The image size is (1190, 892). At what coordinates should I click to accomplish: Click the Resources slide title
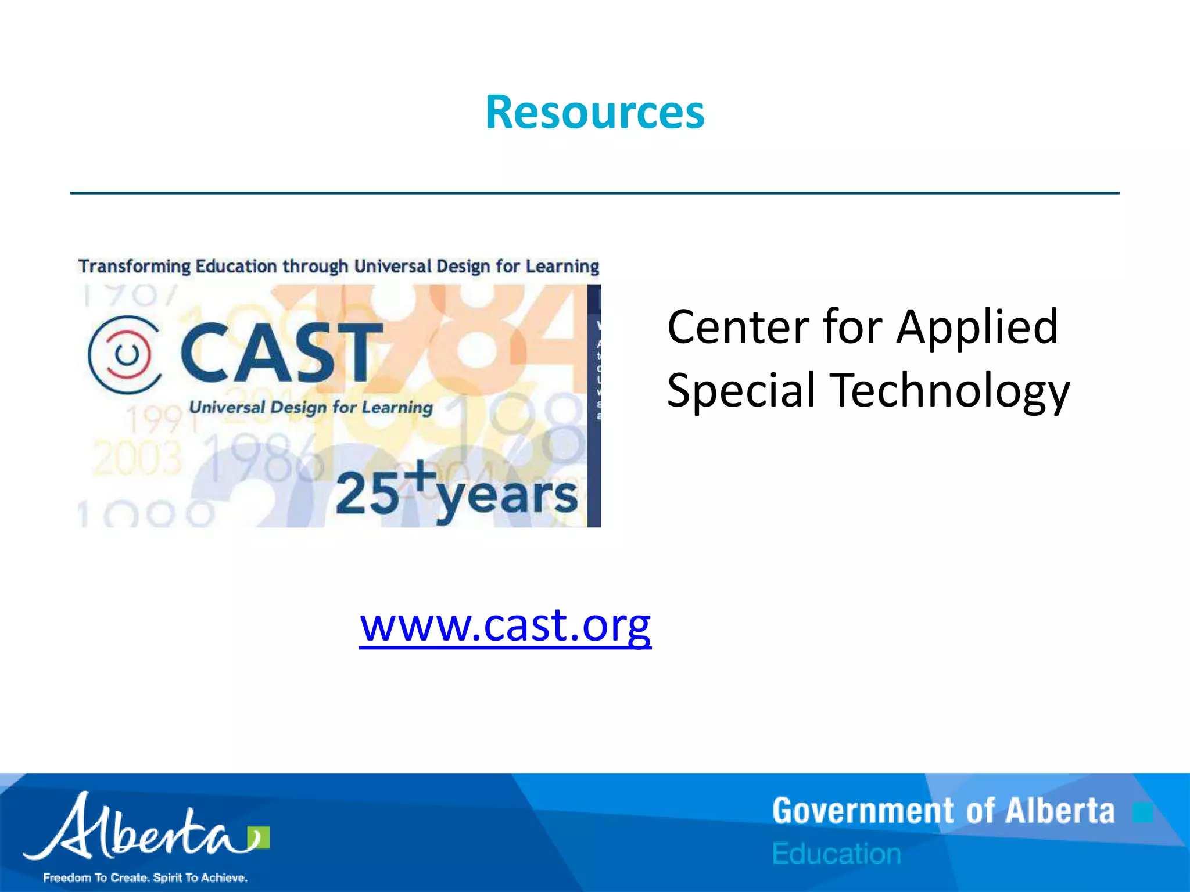pos(594,112)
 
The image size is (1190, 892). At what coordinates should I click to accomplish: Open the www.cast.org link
pos(505,625)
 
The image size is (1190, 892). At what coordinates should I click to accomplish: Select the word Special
pos(741,390)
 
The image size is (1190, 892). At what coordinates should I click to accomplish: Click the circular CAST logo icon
pos(125,354)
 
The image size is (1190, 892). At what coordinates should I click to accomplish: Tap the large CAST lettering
pos(281,353)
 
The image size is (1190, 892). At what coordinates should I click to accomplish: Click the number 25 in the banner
pos(367,494)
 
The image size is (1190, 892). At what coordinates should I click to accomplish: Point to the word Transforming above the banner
pos(134,267)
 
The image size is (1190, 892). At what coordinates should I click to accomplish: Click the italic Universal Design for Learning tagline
pos(311,407)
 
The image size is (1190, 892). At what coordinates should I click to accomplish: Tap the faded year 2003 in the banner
pos(137,458)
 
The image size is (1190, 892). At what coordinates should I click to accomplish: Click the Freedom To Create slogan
pos(145,877)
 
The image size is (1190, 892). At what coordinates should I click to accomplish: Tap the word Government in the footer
pos(863,811)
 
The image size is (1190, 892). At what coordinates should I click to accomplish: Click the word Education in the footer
pos(837,854)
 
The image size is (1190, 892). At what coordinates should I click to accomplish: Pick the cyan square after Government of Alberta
pos(1142,812)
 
